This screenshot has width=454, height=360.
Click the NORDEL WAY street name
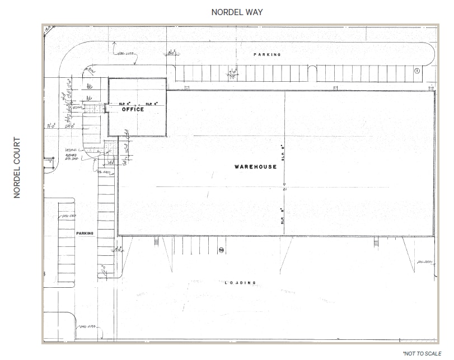pos(237,12)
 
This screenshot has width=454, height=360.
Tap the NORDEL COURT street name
pos(17,168)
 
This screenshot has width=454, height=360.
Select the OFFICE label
pos(133,109)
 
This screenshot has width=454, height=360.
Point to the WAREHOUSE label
pos(255,167)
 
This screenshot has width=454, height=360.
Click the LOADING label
pos(240,283)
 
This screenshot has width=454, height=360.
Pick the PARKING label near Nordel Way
pos(267,55)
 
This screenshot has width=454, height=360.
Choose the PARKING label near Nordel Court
pos(86,232)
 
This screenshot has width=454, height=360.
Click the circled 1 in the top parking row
pos(416,71)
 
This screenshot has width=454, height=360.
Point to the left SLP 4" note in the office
pos(124,104)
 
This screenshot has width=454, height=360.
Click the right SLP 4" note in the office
pos(152,104)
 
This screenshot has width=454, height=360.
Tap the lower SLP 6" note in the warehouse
pos(284,213)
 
